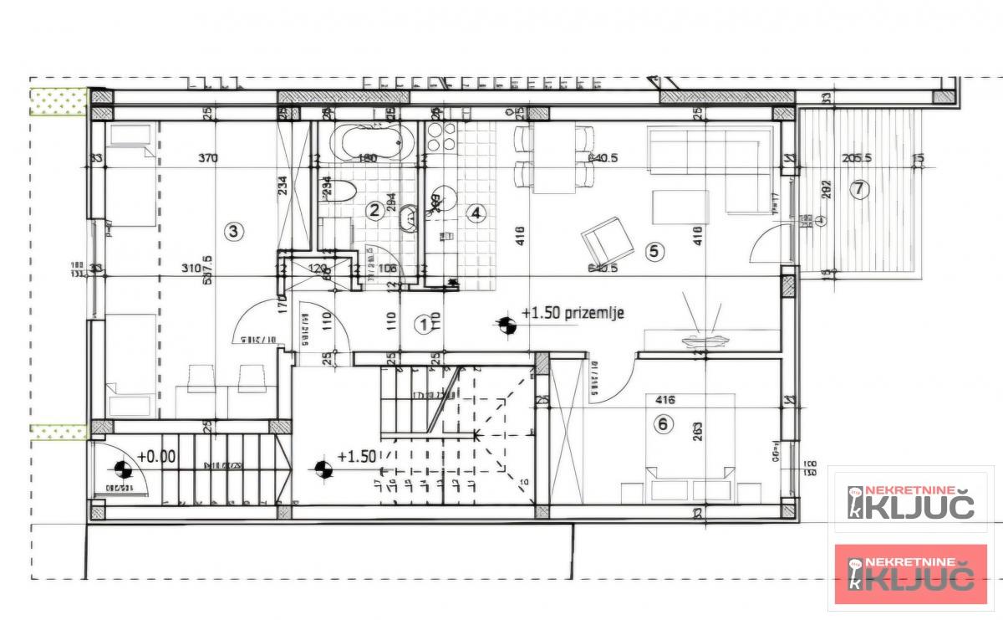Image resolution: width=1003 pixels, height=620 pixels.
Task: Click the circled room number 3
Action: click(x=235, y=231)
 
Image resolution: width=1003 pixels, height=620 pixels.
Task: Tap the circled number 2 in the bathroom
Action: click(x=375, y=211)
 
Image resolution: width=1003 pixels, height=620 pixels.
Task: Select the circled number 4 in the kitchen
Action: click(x=476, y=213)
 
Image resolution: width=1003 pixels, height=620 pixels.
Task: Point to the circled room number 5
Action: click(x=654, y=249)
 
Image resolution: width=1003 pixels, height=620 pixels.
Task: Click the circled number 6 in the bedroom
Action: click(x=664, y=424)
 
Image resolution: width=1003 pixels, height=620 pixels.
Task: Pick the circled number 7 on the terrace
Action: click(x=857, y=189)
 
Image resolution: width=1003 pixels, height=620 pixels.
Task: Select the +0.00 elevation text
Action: click(x=156, y=457)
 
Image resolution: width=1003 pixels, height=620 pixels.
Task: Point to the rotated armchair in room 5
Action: click(x=606, y=238)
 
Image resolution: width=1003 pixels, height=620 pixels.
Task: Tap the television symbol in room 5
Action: click(x=700, y=328)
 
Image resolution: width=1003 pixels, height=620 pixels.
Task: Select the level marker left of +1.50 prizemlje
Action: click(x=505, y=321)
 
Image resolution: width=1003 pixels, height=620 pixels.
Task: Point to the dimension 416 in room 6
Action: click(x=666, y=400)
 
